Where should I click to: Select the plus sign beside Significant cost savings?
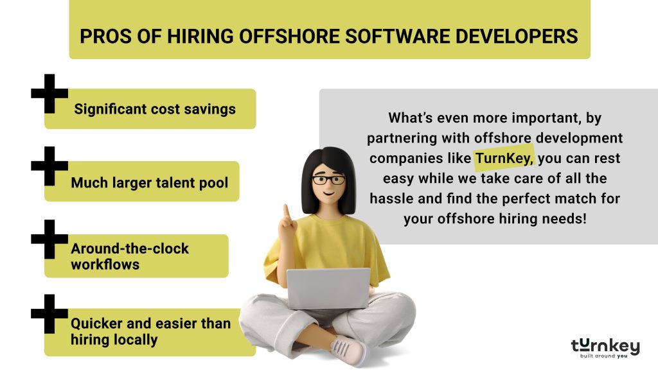(x=49, y=93)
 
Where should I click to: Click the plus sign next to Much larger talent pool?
(x=49, y=166)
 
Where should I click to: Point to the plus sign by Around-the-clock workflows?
(x=49, y=239)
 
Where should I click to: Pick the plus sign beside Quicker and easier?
(x=49, y=313)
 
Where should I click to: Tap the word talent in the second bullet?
(x=173, y=183)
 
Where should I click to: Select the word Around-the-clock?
(x=130, y=248)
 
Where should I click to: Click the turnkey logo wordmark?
(x=605, y=346)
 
